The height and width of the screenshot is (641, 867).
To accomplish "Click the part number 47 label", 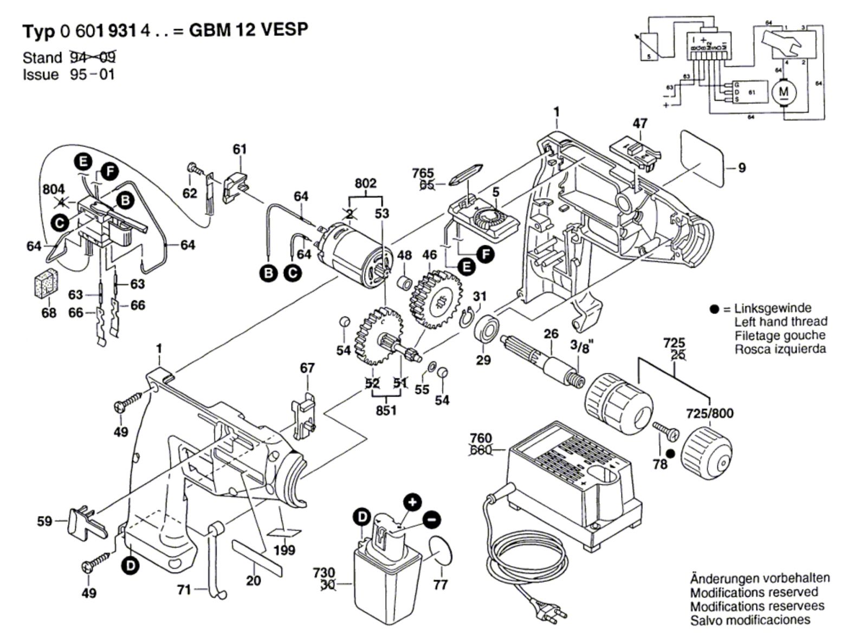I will pos(640,124).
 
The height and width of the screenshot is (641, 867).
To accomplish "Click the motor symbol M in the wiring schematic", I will pos(784,92).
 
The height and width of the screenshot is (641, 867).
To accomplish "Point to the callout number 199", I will pos(284,551).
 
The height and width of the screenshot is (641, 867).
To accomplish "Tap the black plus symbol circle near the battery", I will pos(413,502).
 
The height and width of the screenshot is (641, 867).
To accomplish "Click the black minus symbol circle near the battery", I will pos(431,519).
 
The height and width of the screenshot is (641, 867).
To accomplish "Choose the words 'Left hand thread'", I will pos(781,322).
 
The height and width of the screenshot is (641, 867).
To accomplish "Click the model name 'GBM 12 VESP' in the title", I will pos(248,30).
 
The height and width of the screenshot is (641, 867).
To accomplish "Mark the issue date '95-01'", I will pos(92,74).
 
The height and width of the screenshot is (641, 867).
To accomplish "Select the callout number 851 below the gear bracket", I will pos(386,410).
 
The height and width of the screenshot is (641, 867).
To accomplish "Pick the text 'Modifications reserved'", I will pos(754,592).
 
